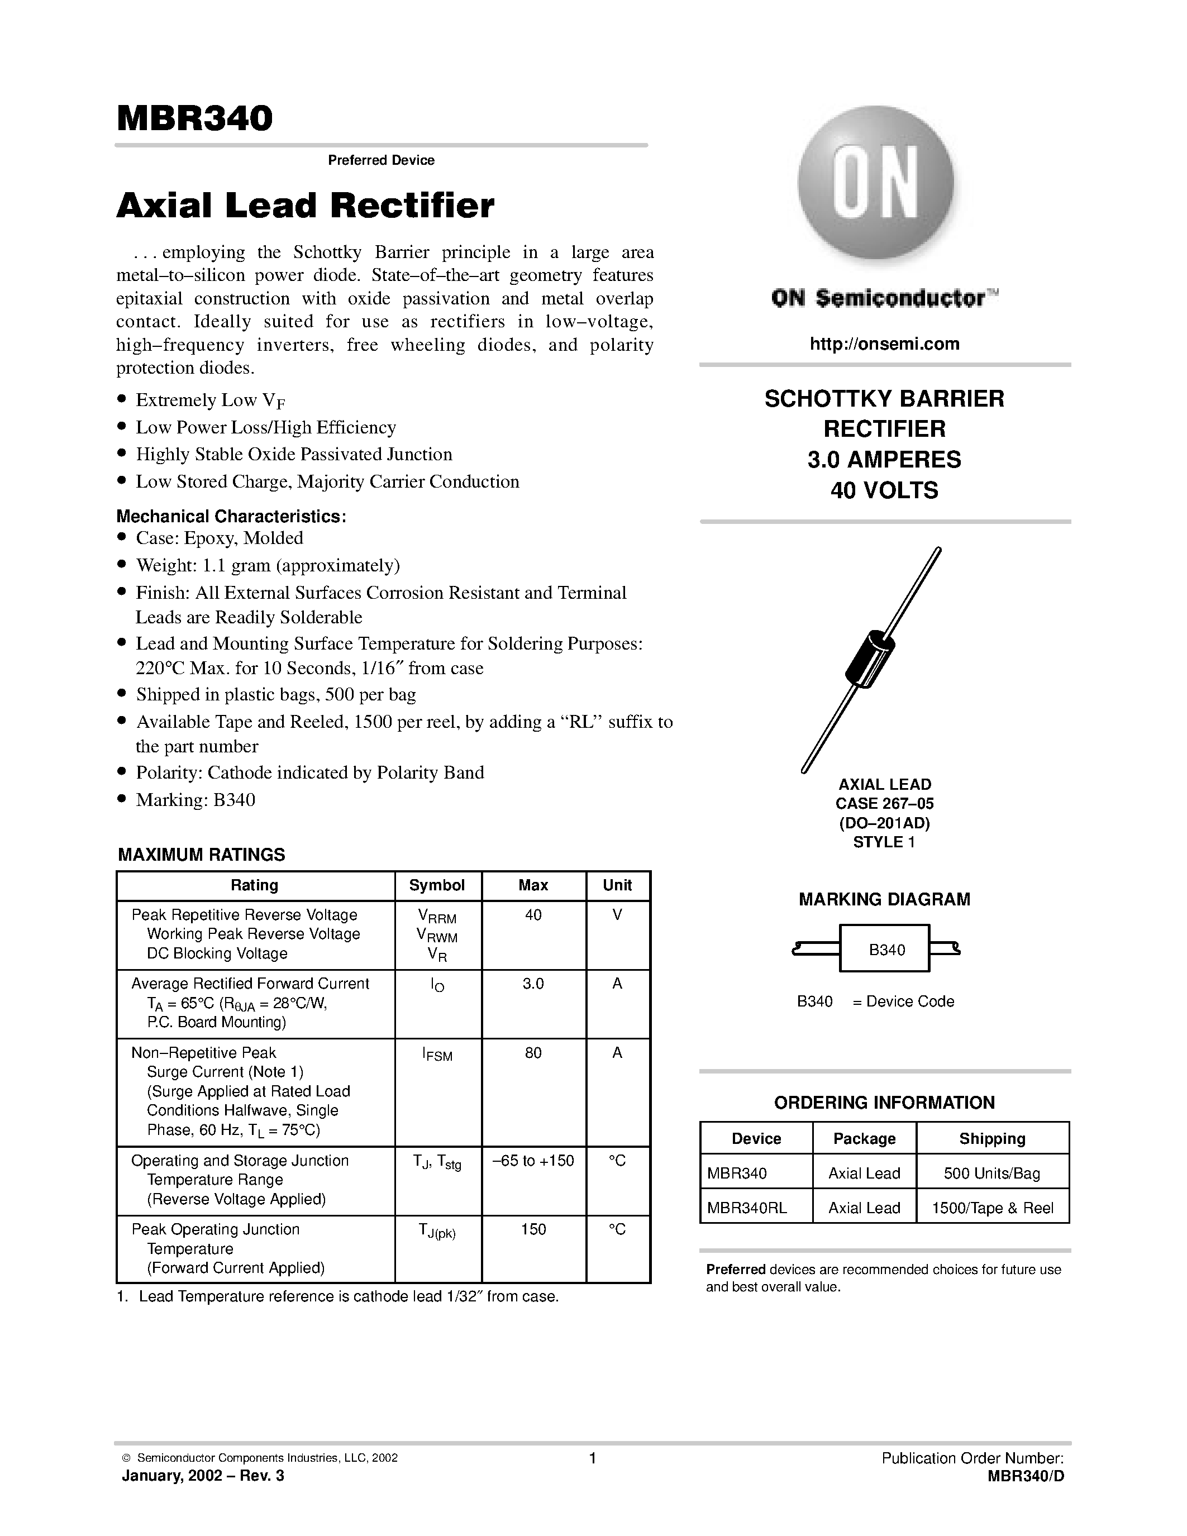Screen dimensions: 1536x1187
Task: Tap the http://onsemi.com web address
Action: pos(884,344)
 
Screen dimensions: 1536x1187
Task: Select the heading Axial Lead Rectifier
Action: pos(305,206)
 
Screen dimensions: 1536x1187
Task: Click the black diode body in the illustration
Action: pos(869,659)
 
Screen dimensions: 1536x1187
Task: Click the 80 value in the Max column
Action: pos(533,1052)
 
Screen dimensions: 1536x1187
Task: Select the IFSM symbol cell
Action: pos(437,1053)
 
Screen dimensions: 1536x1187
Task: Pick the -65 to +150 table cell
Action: pos(533,1161)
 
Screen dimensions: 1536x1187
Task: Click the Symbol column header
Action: pos(437,885)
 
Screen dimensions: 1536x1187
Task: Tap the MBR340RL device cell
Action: pos(747,1208)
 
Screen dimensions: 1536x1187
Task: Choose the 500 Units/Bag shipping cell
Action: pos(991,1173)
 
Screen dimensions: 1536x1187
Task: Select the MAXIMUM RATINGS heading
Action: pos(201,855)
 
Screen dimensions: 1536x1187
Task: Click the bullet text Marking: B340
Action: pos(195,800)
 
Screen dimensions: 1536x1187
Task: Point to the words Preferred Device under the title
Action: pos(381,160)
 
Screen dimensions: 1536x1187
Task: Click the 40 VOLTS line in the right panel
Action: pos(884,490)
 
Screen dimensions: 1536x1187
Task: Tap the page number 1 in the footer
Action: pos(592,1458)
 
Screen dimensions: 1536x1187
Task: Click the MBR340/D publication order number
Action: pos(1025,1476)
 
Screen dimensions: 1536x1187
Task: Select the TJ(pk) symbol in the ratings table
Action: pos(437,1230)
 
